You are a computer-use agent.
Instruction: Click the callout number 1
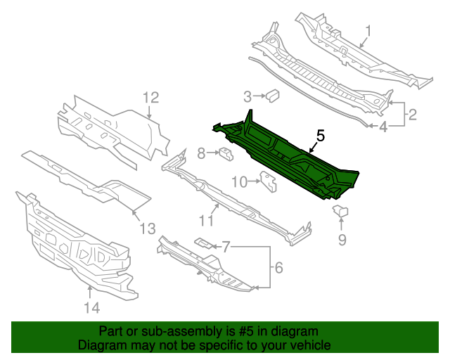coord(368,30)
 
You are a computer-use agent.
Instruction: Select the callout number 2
coord(413,114)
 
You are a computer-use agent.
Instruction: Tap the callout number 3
coord(247,96)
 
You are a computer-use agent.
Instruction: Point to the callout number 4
coord(383,127)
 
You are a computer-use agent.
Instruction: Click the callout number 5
coord(320,136)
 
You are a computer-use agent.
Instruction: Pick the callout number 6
coord(278,267)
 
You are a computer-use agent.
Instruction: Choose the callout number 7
coord(226,247)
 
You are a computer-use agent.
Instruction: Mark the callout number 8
coord(201,153)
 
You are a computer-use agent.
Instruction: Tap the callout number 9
coord(342,241)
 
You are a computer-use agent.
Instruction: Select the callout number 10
coord(239,182)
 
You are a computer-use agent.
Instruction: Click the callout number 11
coord(205,221)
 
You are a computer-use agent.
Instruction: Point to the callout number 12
coord(151,98)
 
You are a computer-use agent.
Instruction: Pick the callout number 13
coord(146,228)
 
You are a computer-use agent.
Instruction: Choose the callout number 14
coord(92,307)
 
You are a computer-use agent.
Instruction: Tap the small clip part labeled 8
coord(226,153)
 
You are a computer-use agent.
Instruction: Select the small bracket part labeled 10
coord(268,181)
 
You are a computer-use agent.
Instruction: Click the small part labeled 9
coord(341,210)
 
